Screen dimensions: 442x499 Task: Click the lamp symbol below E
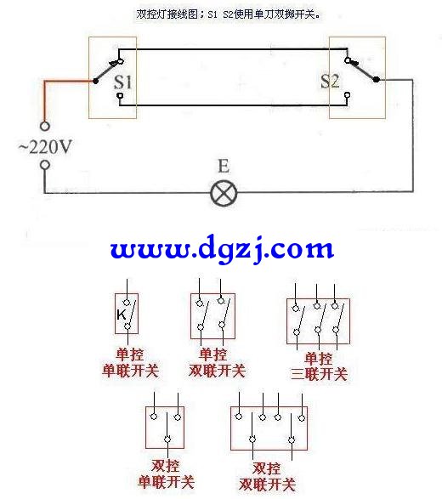tap(224, 193)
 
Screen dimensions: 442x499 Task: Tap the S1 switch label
tap(123, 82)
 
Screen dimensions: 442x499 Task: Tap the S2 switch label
tap(330, 81)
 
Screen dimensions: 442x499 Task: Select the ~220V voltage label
tap(45, 147)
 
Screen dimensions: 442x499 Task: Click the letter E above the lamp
tap(224, 166)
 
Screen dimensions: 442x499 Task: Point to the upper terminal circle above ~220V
tap(45, 126)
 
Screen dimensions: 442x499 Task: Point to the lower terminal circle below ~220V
tap(45, 165)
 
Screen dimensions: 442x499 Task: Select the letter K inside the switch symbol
tap(122, 315)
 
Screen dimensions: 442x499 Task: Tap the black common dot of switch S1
tap(95, 81)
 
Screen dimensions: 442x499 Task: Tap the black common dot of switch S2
tap(377, 79)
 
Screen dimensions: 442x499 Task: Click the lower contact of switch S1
tap(120, 95)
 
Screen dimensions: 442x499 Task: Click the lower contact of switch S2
tap(348, 95)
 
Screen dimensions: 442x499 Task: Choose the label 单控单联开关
tap(130, 363)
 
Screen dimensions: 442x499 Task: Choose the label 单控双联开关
tap(217, 363)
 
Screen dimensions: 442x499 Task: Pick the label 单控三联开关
tap(319, 366)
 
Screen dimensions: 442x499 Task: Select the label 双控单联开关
tap(166, 474)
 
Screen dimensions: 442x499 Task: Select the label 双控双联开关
tap(267, 477)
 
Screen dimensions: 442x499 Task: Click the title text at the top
tap(228, 14)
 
